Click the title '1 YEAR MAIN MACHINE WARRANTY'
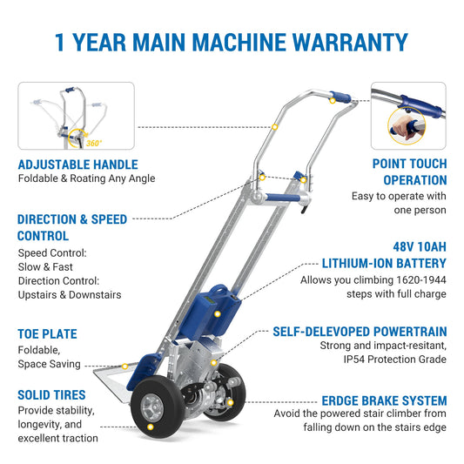pyautogui.click(x=232, y=43)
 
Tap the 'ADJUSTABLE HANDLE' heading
pyautogui.click(x=77, y=164)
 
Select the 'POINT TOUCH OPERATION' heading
pyautogui.click(x=409, y=171)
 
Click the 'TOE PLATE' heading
pyautogui.click(x=47, y=333)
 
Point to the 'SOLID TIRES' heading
pyautogui.click(x=51, y=394)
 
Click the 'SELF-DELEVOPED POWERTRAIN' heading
pyautogui.click(x=360, y=332)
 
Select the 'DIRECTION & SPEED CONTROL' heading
pyautogui.click(x=72, y=227)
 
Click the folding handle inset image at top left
pyautogui.click(x=76, y=116)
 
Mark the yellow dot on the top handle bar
pyautogui.click(x=274, y=127)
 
